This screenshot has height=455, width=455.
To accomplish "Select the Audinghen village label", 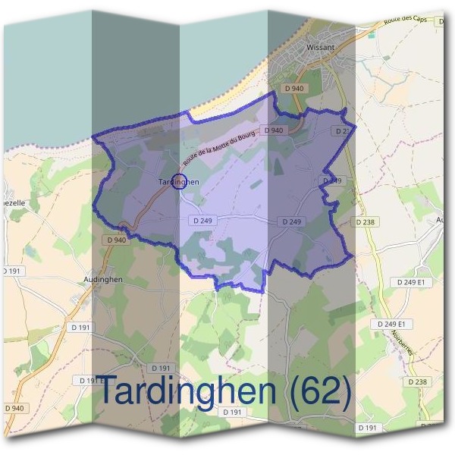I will pyautogui.click(x=102, y=279).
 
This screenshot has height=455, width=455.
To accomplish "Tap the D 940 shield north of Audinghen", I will pyautogui.click(x=116, y=240).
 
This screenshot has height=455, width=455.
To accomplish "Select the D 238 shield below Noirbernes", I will pyautogui.click(x=418, y=382).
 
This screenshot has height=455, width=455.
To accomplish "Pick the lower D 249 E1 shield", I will pyautogui.click(x=392, y=324).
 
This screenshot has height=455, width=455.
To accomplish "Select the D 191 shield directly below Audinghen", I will pyautogui.click(x=80, y=328).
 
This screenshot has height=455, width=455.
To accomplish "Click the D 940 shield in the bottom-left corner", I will pyautogui.click(x=14, y=409).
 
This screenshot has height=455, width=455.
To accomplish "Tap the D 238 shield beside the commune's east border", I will pyautogui.click(x=366, y=223).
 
